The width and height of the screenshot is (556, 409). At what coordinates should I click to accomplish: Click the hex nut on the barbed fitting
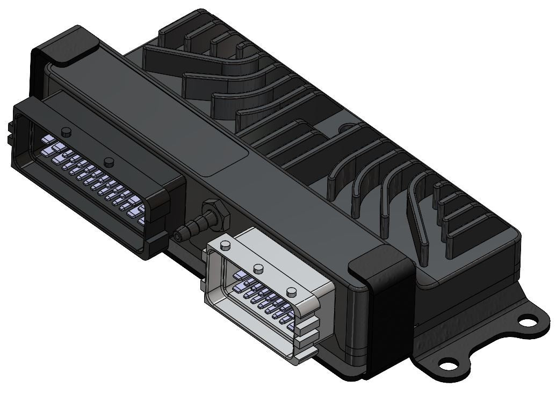(x=215, y=211)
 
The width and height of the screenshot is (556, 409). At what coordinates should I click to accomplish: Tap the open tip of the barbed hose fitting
(x=178, y=235)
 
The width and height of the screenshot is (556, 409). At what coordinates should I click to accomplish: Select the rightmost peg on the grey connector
(x=292, y=291)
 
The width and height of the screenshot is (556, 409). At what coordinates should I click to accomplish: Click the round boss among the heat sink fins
(x=344, y=128)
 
